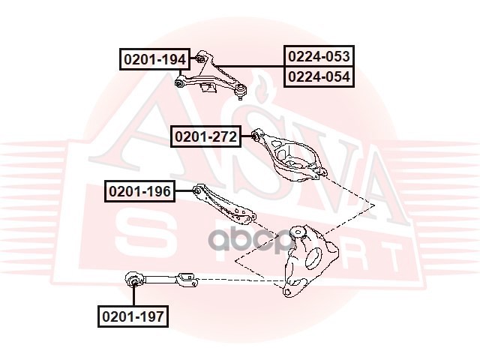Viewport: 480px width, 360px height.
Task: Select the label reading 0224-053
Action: point(319,55)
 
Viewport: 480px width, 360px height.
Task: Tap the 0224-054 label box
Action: point(319,76)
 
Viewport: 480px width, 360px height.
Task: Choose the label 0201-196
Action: point(139,192)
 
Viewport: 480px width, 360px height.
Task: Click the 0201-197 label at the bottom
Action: point(132,316)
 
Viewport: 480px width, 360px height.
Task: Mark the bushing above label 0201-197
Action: point(135,281)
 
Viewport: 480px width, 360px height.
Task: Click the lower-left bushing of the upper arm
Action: point(181,82)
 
